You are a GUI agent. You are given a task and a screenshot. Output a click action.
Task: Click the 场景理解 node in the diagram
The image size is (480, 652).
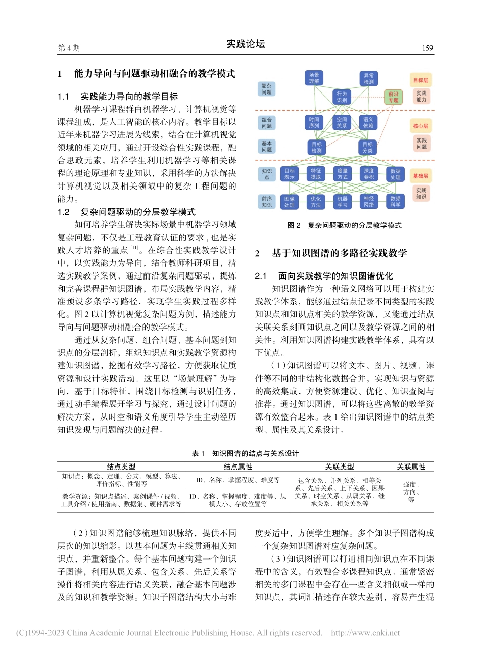click(x=314, y=78)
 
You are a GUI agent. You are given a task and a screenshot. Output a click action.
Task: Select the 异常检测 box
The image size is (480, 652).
click(x=368, y=78)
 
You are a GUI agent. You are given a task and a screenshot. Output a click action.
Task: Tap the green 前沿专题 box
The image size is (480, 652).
click(x=393, y=97)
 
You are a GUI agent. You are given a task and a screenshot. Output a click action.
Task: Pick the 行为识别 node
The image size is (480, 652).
click(x=342, y=97)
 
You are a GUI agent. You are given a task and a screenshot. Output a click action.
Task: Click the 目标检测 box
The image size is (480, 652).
click(x=316, y=147)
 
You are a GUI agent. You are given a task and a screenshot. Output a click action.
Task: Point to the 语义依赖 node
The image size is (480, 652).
click(x=368, y=123)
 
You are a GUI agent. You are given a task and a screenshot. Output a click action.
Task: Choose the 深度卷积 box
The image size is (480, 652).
click(x=369, y=174)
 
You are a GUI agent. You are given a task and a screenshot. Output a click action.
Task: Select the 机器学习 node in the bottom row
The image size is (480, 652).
click(x=342, y=202)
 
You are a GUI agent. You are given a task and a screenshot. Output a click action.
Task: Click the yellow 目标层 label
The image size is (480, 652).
click(x=420, y=80)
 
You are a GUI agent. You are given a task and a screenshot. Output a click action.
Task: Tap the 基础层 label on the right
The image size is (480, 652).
click(x=420, y=176)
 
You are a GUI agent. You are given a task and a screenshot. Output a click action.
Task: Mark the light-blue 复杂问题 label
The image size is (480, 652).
click(x=266, y=89)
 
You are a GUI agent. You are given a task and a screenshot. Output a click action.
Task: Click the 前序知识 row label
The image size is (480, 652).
click(x=266, y=202)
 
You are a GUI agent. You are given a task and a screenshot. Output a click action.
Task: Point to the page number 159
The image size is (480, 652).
click(x=427, y=48)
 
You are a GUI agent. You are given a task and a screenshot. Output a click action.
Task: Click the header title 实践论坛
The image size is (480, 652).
click(x=246, y=44)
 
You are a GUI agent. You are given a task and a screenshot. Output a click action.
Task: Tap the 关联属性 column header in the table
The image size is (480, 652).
click(x=411, y=467)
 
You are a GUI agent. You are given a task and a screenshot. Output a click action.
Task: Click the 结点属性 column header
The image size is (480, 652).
click(x=238, y=467)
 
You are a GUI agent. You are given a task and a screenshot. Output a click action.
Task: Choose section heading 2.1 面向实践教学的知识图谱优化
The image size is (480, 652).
click(x=331, y=276)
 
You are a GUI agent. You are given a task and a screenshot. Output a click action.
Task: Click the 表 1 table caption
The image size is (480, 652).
click(x=246, y=453)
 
